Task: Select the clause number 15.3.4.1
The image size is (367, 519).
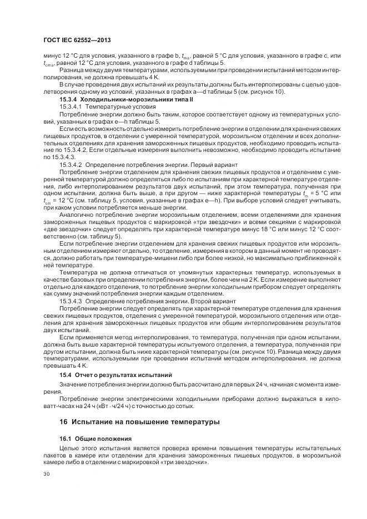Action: click(71, 105)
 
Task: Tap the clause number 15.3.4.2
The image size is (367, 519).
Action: click(71, 165)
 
